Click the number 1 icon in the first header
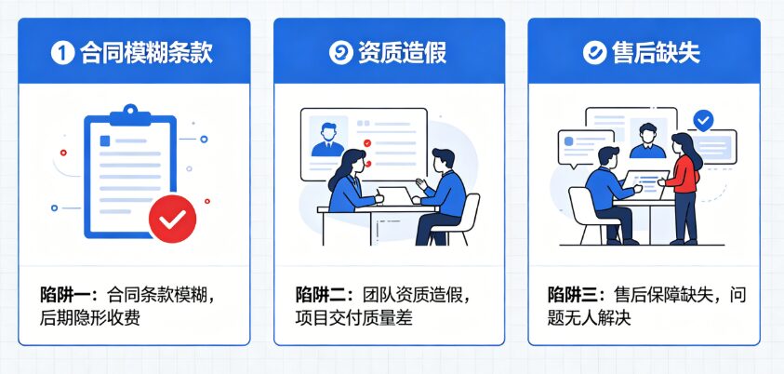[62, 52]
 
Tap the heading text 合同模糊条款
[146, 52]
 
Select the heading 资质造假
[402, 52]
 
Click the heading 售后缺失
[656, 52]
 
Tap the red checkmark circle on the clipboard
[172, 219]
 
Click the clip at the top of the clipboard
[130, 115]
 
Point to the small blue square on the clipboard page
[105, 141]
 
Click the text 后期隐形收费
[90, 318]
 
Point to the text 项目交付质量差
[353, 318]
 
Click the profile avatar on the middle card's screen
[328, 137]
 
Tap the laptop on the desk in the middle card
[395, 195]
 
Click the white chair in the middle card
[456, 219]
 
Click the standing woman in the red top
[682, 188]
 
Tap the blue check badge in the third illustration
[703, 121]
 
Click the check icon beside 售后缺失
[594, 52]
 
